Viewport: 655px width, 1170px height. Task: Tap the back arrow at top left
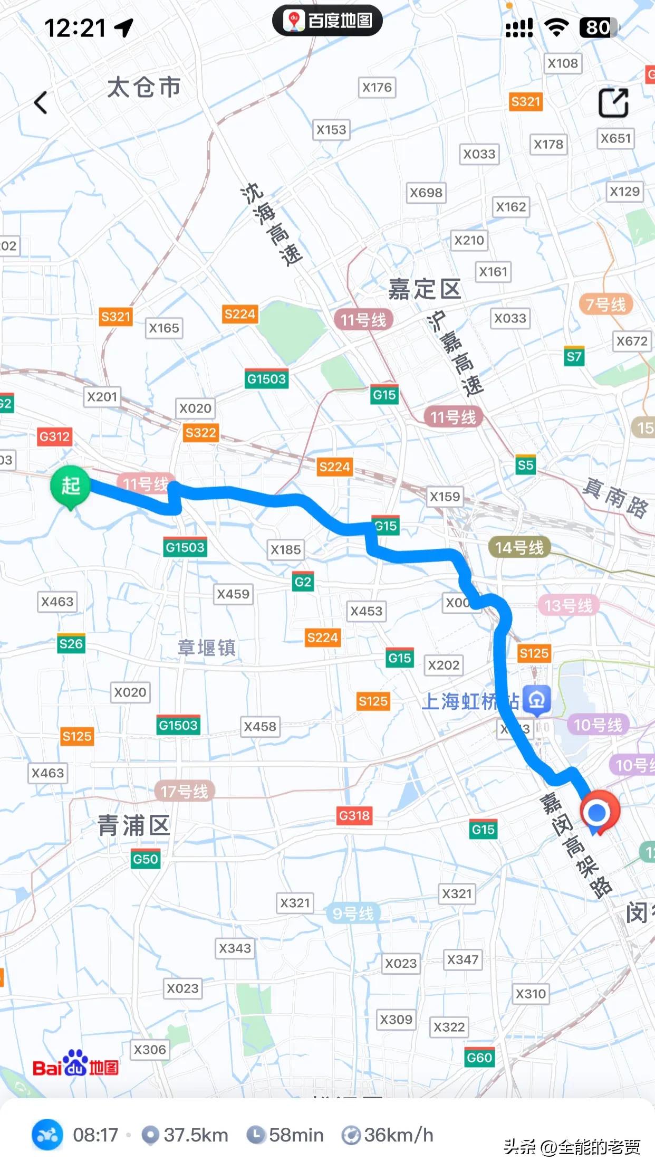[41, 102]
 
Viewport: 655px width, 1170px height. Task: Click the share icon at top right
[613, 102]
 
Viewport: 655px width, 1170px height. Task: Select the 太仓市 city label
[144, 87]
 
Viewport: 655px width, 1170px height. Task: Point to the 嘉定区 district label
[425, 289]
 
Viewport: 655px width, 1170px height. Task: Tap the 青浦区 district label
[133, 825]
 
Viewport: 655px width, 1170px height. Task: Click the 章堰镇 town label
[206, 648]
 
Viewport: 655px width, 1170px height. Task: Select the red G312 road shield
[54, 436]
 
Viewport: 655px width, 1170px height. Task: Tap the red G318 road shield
[354, 815]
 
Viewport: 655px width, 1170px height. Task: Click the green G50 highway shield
[146, 859]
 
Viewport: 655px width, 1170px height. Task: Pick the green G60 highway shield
[479, 1058]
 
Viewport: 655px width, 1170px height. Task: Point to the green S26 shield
[71, 644]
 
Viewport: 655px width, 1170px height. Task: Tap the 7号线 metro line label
[605, 305]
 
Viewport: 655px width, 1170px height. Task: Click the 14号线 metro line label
[519, 548]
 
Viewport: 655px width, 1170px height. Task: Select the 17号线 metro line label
[185, 791]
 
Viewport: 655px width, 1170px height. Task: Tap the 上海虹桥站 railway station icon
[537, 700]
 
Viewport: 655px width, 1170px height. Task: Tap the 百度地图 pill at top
[327, 21]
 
